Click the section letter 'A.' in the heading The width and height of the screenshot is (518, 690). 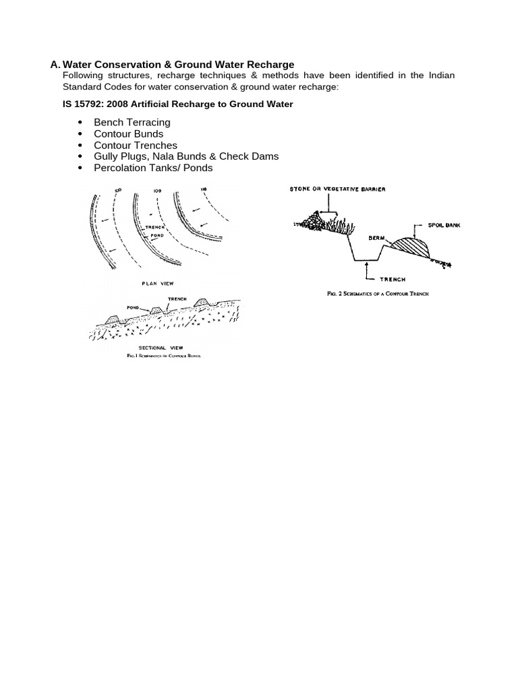tap(55, 65)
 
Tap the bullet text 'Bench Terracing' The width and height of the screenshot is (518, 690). tap(132, 122)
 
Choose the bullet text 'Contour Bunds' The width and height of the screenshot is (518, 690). tap(128, 133)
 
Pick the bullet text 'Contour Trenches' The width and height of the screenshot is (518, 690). tap(136, 145)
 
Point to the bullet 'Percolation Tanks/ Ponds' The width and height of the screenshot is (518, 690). tap(153, 168)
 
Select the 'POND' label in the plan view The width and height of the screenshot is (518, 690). tap(156, 236)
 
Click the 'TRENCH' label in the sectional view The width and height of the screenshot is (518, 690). tap(176, 298)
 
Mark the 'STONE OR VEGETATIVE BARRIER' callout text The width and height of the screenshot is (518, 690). tap(337, 190)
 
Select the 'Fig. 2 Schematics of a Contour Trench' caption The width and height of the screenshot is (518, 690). tap(378, 294)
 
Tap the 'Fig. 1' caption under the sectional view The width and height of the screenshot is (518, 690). tap(164, 354)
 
